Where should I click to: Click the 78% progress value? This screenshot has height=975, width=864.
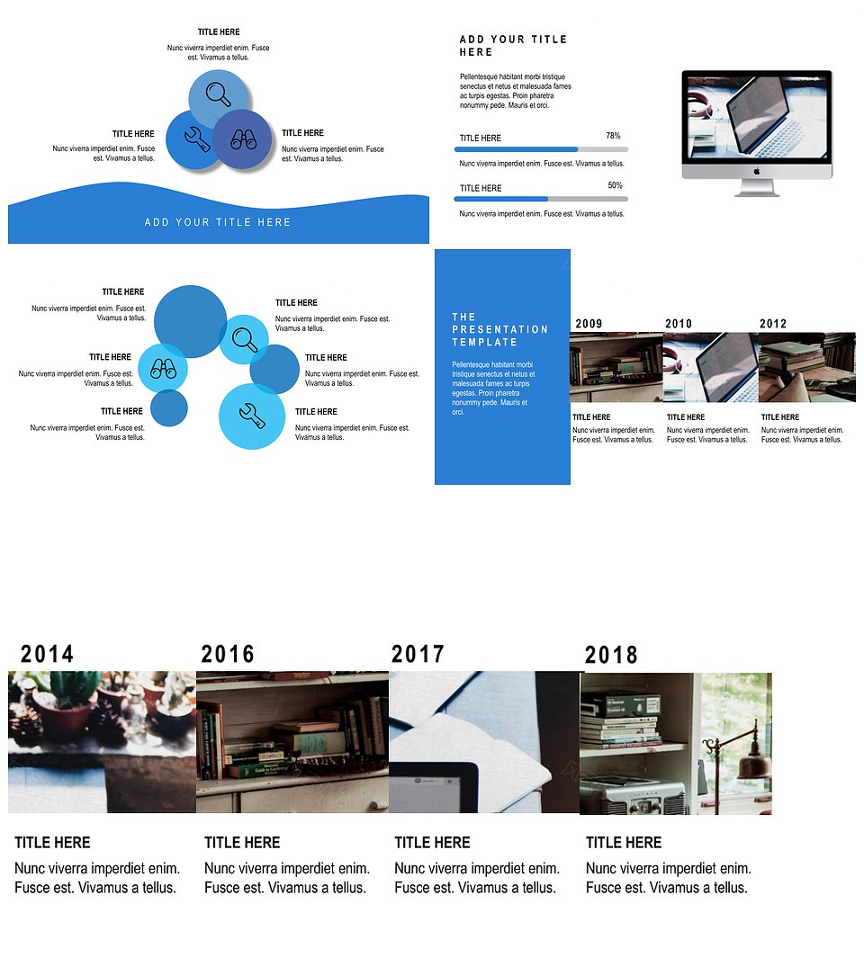point(613,136)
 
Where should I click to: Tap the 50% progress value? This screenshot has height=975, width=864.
point(615,185)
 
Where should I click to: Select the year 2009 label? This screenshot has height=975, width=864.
point(589,324)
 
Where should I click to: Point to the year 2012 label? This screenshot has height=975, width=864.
point(772,324)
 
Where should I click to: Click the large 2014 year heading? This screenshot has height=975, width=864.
point(48,654)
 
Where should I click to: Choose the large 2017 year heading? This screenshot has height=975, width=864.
point(418,654)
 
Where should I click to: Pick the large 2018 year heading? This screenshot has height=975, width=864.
point(611,656)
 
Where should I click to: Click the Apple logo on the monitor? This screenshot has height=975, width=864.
point(757,171)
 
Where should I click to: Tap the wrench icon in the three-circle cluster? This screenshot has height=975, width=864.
point(196,139)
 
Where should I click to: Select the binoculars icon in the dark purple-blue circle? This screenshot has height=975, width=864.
point(243,139)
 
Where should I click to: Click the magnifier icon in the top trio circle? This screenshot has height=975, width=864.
point(219,94)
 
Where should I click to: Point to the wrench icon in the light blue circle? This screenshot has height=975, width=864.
point(252,416)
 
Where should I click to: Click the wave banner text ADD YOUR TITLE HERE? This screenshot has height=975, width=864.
point(218,222)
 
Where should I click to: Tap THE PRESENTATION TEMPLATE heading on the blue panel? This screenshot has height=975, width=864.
point(500,329)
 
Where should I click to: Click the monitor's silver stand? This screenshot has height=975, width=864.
point(757,188)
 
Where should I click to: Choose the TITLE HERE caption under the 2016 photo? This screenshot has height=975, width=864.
point(242,843)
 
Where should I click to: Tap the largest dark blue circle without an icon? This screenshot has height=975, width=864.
point(190,321)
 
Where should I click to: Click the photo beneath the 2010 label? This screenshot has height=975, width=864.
point(710,368)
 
